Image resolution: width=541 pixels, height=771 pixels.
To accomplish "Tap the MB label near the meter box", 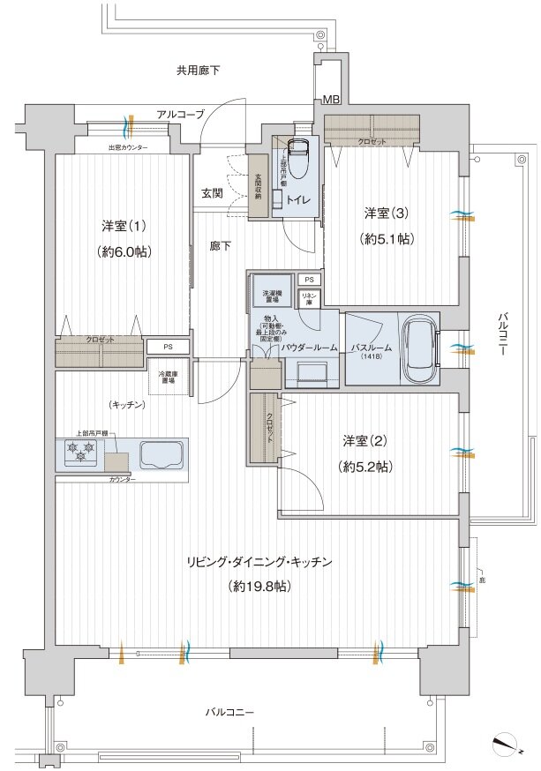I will click(330, 99).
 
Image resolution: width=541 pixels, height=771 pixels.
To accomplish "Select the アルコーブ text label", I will click(180, 115).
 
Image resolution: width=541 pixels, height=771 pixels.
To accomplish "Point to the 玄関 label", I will click(212, 193).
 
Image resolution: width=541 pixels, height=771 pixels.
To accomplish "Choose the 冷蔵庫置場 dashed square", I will click(166, 374).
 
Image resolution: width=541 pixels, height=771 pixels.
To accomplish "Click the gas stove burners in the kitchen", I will click(80, 453).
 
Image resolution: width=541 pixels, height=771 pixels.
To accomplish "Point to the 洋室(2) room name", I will click(364, 441).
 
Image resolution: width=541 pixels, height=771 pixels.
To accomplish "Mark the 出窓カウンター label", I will click(128, 147).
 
